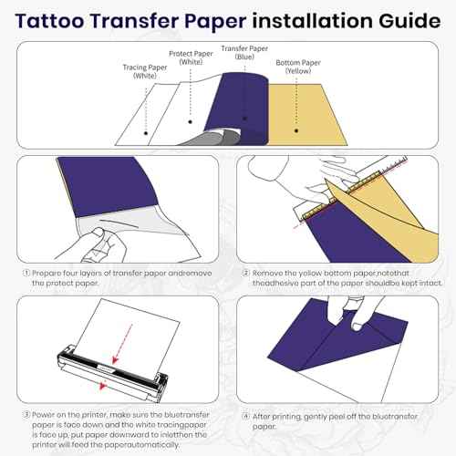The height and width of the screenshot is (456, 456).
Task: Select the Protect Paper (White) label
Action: coord(189,57)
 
